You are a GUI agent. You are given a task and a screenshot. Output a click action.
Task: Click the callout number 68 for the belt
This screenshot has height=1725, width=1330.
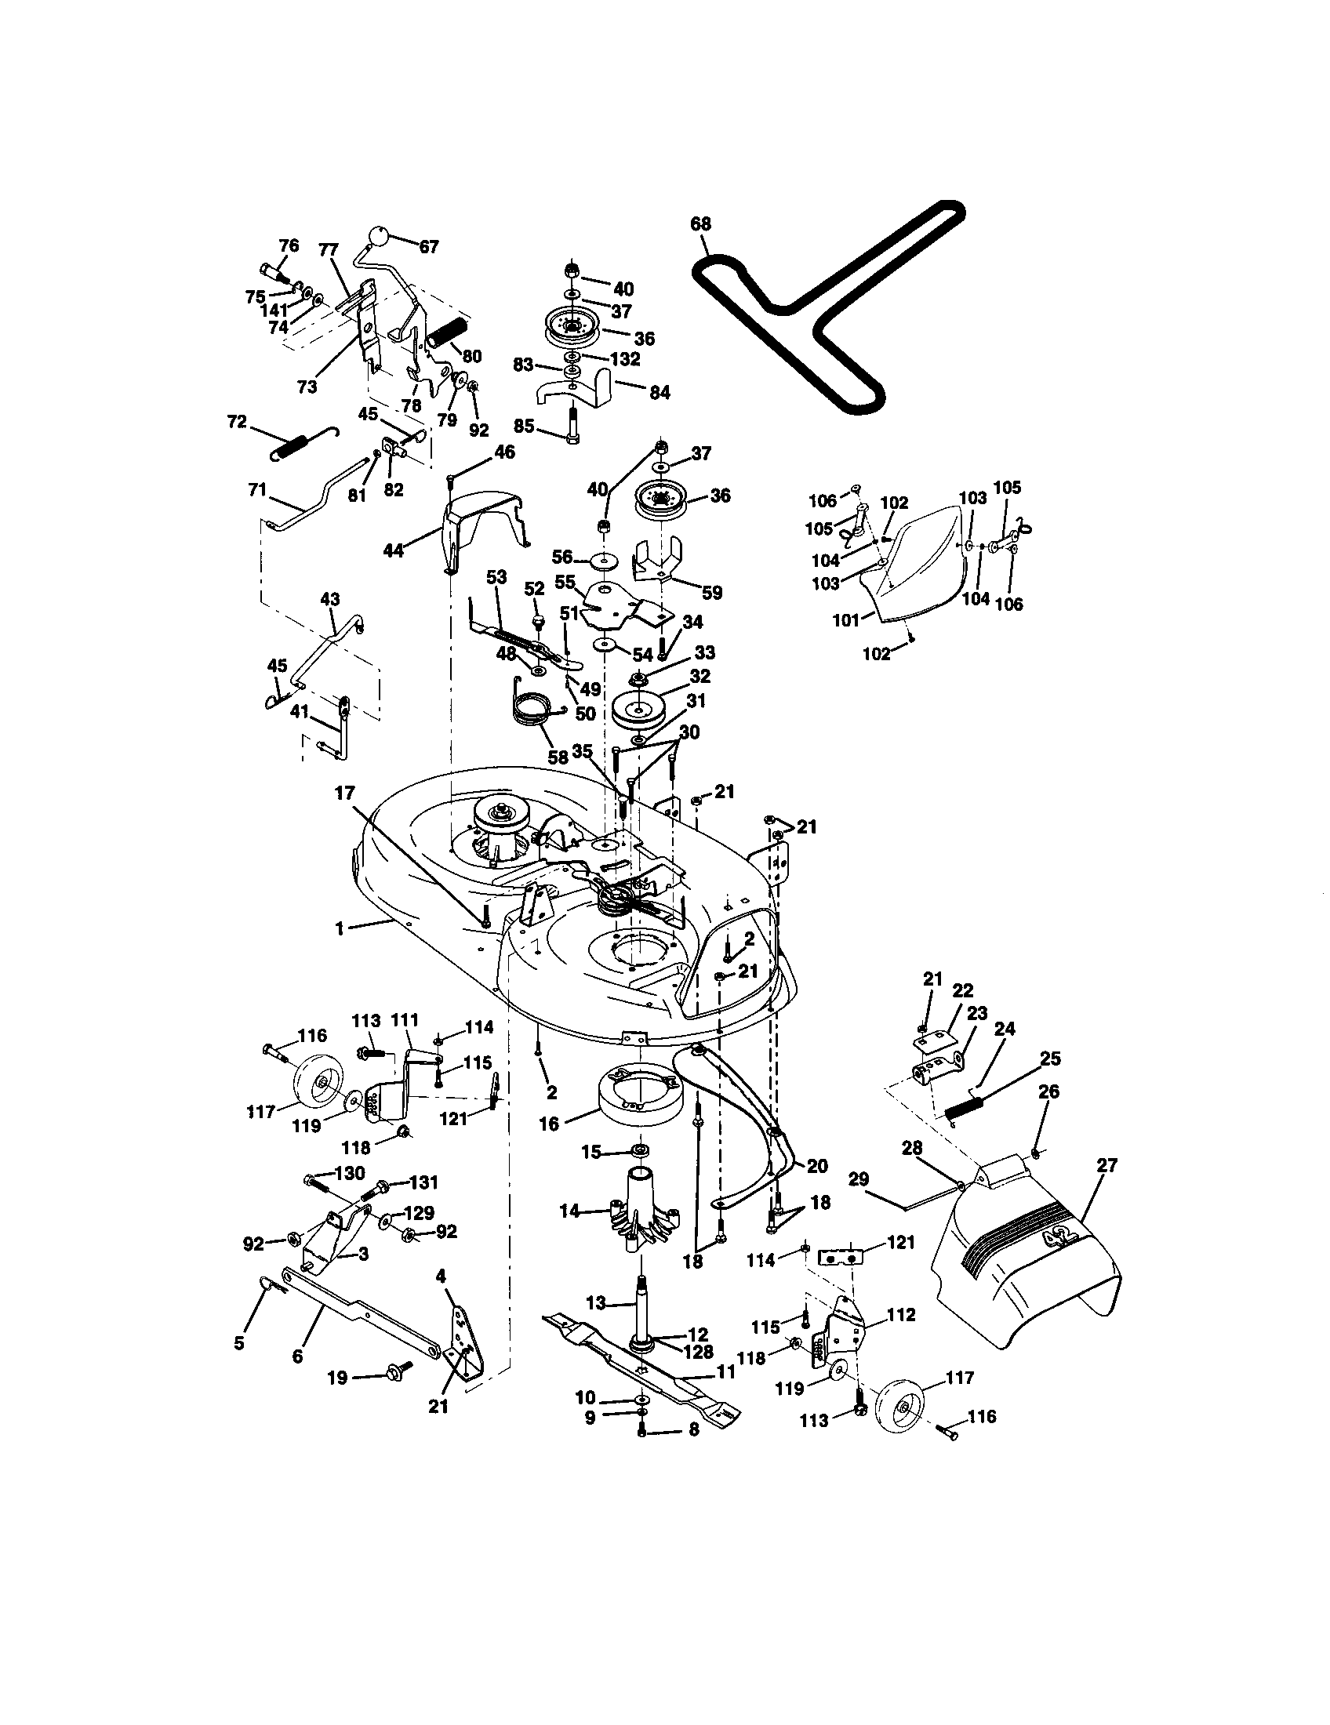700,224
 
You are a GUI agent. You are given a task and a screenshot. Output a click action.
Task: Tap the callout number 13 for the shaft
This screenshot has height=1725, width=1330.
596,1303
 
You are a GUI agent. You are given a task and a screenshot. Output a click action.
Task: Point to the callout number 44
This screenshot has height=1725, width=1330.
393,550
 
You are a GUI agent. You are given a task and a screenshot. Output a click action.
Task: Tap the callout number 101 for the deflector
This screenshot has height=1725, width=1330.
846,620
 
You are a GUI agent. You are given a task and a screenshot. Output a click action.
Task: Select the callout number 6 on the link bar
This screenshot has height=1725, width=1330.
297,1356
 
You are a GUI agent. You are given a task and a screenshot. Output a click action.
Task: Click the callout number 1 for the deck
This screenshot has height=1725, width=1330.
340,929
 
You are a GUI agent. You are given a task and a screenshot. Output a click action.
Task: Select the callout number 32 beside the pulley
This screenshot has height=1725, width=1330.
700,676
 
